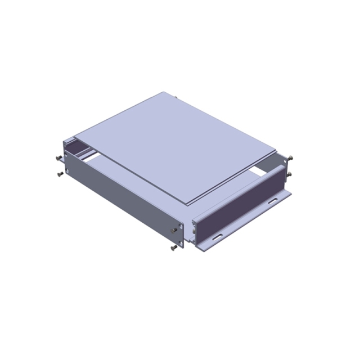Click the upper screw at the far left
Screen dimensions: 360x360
click(x=59, y=159)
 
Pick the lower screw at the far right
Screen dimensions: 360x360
click(x=289, y=174)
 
